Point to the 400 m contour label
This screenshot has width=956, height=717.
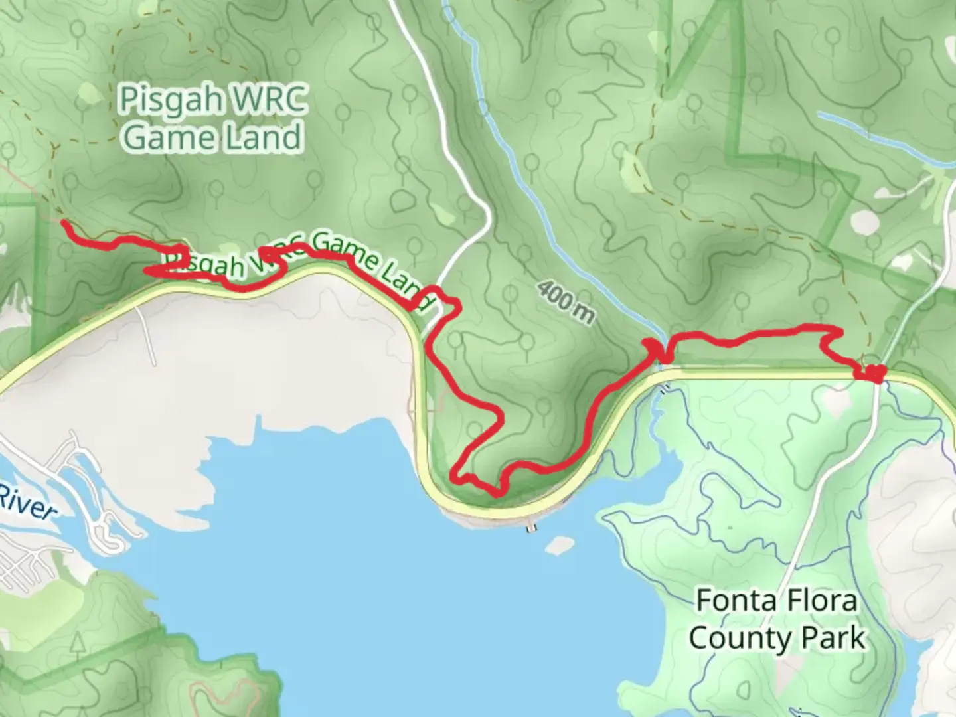click(x=565, y=302)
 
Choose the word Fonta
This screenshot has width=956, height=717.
click(x=736, y=601)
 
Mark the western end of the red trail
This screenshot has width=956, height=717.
click(x=64, y=224)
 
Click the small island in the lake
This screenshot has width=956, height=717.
click(x=559, y=545)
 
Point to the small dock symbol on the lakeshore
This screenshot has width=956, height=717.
click(x=530, y=528)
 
